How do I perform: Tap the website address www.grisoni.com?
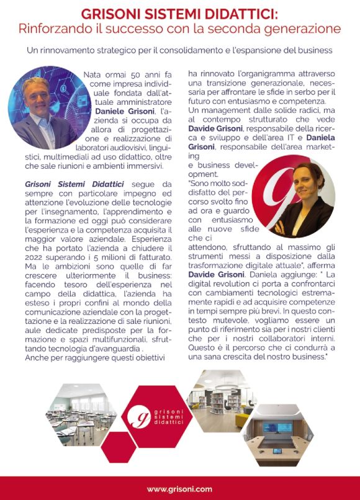[x=180, y=488]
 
